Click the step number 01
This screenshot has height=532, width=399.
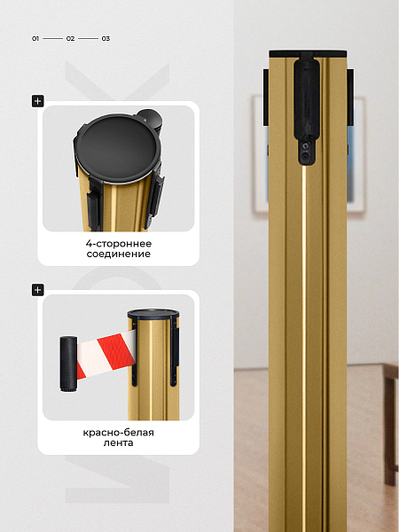(35, 39)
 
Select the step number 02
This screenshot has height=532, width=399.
(70, 39)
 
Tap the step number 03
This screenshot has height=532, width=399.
(106, 39)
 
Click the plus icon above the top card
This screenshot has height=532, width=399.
(37, 101)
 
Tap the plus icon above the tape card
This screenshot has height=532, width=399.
(37, 290)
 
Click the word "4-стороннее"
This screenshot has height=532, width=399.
(119, 244)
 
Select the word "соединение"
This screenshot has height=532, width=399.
(119, 254)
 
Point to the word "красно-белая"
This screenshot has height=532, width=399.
(119, 433)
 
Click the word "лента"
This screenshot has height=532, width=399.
(119, 442)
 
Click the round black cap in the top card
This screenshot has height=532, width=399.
(117, 149)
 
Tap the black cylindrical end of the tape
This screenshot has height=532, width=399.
(68, 364)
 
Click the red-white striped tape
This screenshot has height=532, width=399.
(106, 355)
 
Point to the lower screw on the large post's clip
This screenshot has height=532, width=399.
(306, 156)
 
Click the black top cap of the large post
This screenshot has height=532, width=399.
(308, 53)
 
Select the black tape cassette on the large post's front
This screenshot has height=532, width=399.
(307, 108)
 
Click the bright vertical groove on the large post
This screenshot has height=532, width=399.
(304, 346)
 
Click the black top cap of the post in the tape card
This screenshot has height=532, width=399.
(153, 314)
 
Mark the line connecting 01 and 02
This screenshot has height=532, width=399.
(52, 39)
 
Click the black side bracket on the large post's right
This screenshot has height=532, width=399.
(350, 98)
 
